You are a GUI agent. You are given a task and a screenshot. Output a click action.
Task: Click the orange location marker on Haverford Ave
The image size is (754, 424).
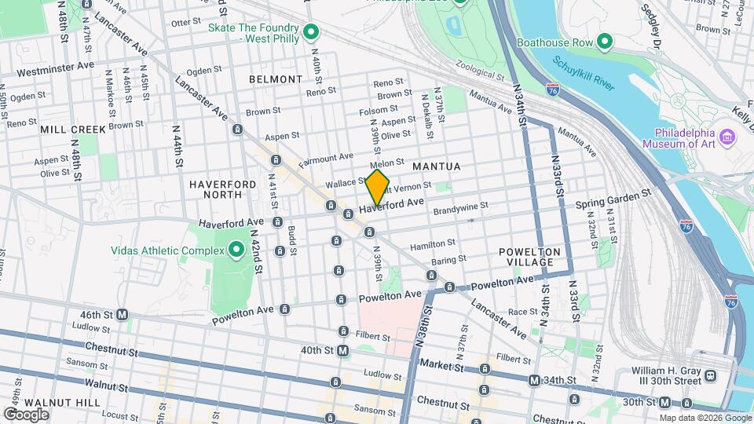(x=378, y=188)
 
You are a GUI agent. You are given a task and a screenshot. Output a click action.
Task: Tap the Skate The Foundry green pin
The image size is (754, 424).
(x=311, y=32)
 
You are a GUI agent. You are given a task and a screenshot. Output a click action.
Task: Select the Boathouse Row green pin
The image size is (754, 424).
(x=605, y=41)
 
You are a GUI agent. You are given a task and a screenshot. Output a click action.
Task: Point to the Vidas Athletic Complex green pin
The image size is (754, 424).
(x=236, y=251)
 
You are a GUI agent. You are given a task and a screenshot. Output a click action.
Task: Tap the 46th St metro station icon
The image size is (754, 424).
(x=123, y=315)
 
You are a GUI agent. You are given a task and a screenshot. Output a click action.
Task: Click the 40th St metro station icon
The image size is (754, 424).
(x=343, y=352)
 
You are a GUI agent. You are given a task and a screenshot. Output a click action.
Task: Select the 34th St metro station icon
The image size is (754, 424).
(x=534, y=381)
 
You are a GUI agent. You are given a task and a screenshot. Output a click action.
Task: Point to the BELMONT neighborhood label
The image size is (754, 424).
(x=276, y=79)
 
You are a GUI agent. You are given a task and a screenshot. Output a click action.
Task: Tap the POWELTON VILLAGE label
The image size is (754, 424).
(x=529, y=257)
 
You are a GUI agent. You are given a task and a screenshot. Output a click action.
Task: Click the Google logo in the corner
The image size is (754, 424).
(x=26, y=414)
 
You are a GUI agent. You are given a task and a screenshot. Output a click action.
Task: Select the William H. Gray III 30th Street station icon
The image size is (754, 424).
(x=712, y=375)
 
